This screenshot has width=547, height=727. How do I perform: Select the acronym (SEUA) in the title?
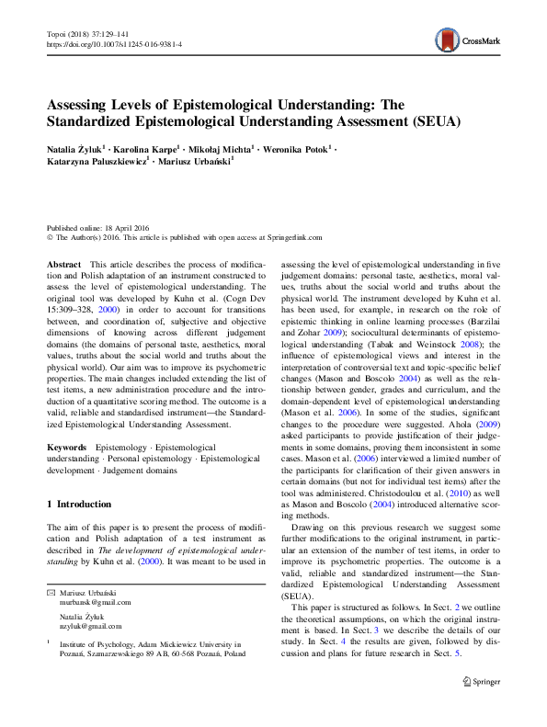(x=410, y=119)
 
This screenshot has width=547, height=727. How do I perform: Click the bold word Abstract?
(x=63, y=264)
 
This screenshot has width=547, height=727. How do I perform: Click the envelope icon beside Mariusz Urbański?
(x=51, y=591)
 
